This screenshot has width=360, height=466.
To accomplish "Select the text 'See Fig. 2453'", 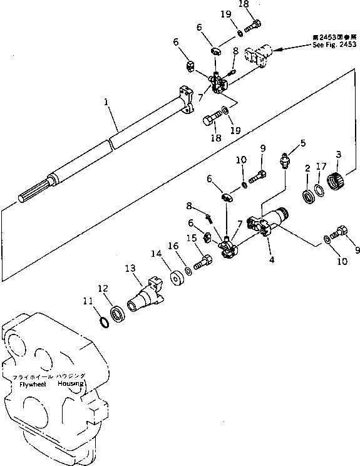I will click(334, 45).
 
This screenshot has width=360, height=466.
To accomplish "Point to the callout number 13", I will click(130, 269).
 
